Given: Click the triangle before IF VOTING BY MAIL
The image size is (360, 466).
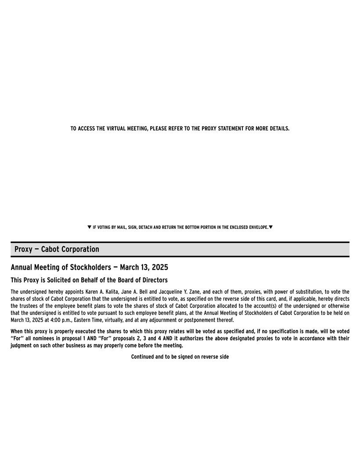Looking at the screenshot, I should click(89, 227).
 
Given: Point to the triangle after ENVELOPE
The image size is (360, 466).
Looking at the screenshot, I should click(270, 227).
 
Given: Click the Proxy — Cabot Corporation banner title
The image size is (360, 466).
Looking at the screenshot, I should click(57, 249).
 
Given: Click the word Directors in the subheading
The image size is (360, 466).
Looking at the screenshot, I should click(152, 280).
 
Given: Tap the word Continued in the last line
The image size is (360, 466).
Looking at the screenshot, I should click(143, 357).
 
